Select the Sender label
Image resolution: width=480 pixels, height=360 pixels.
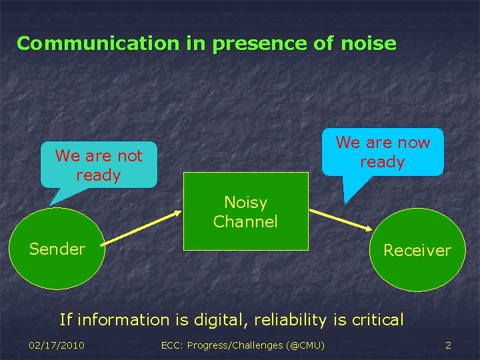(57, 249)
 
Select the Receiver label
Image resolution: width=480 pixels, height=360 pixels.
(417, 251)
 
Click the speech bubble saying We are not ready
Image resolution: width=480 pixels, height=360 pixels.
(99, 165)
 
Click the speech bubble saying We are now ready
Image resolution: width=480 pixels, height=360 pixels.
(383, 152)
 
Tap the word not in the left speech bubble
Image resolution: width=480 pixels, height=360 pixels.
(129, 156)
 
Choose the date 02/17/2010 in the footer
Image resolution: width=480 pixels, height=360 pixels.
(57, 345)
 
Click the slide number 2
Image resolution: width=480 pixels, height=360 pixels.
(448, 345)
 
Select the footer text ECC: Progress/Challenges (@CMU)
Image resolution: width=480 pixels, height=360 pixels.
(243, 345)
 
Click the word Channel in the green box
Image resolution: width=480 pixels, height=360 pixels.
(245, 222)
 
